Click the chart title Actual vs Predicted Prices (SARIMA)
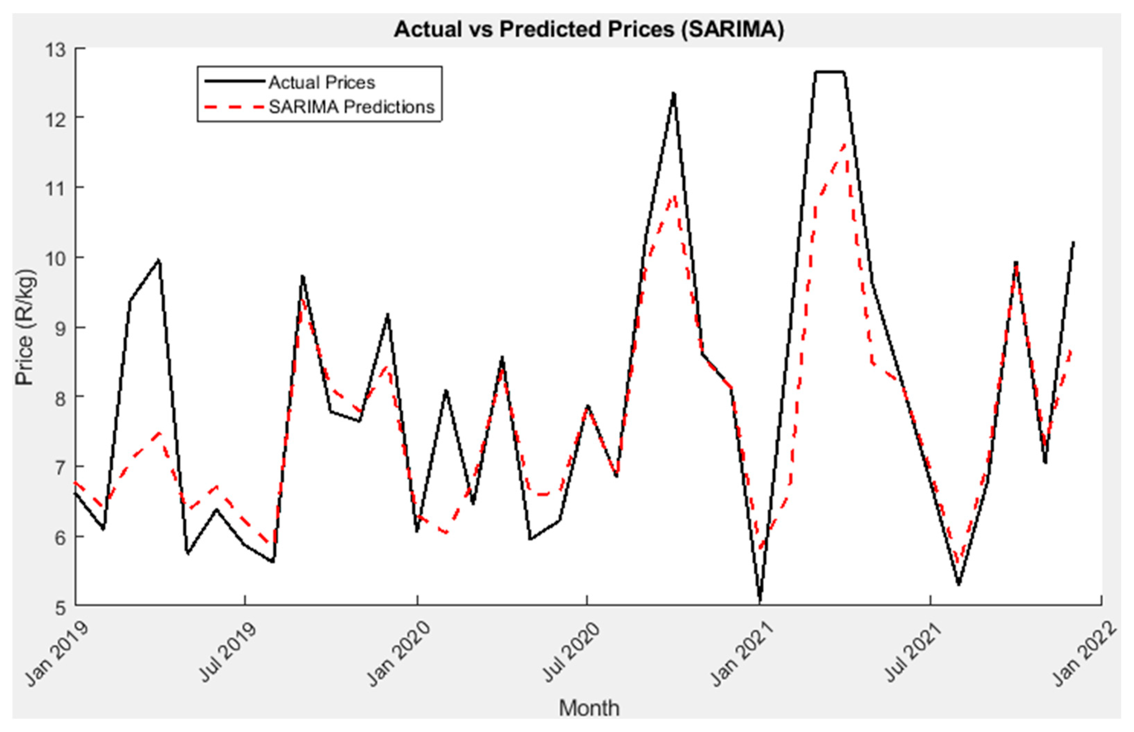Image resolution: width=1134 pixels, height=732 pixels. pyautogui.click(x=589, y=29)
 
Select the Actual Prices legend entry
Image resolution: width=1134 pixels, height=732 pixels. pyautogui.click(x=321, y=83)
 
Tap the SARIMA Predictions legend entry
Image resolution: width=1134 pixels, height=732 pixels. pyautogui.click(x=351, y=107)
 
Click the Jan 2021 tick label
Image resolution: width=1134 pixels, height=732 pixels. pyautogui.click(x=742, y=654)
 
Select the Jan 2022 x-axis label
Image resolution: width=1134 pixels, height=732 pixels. pyautogui.click(x=1085, y=654)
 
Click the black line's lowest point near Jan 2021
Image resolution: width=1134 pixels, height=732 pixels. pyautogui.click(x=760, y=602)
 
